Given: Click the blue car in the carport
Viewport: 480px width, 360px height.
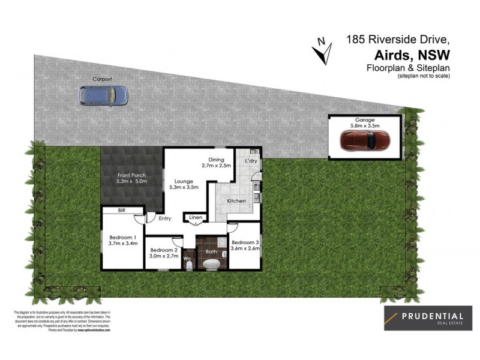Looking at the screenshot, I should tap(104, 94).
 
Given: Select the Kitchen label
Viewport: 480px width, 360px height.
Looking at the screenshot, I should tap(236, 201).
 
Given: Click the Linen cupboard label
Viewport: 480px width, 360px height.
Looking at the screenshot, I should tap(196, 217).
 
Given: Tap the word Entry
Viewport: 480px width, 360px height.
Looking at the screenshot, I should tap(165, 219).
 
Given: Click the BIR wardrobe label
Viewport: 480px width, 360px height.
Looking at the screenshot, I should tap(122, 210).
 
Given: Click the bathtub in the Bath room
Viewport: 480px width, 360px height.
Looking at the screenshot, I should tap(211, 264).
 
